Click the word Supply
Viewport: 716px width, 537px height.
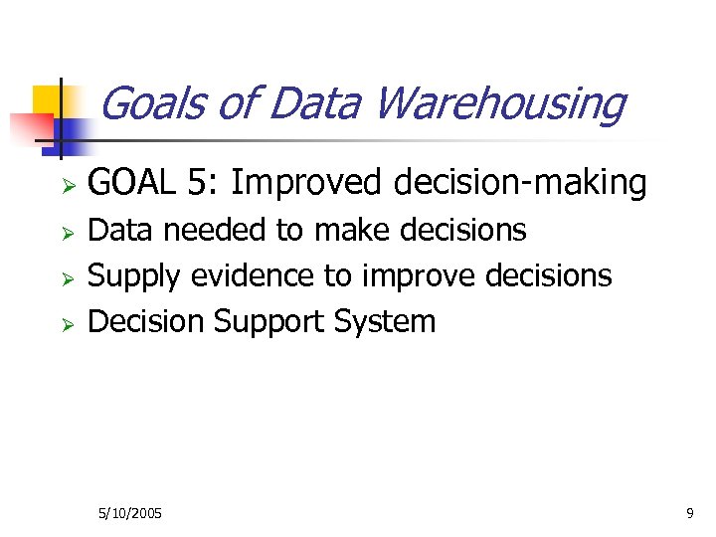coord(135,275)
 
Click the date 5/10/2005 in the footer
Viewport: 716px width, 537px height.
coord(130,513)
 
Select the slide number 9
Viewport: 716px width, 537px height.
coord(689,513)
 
